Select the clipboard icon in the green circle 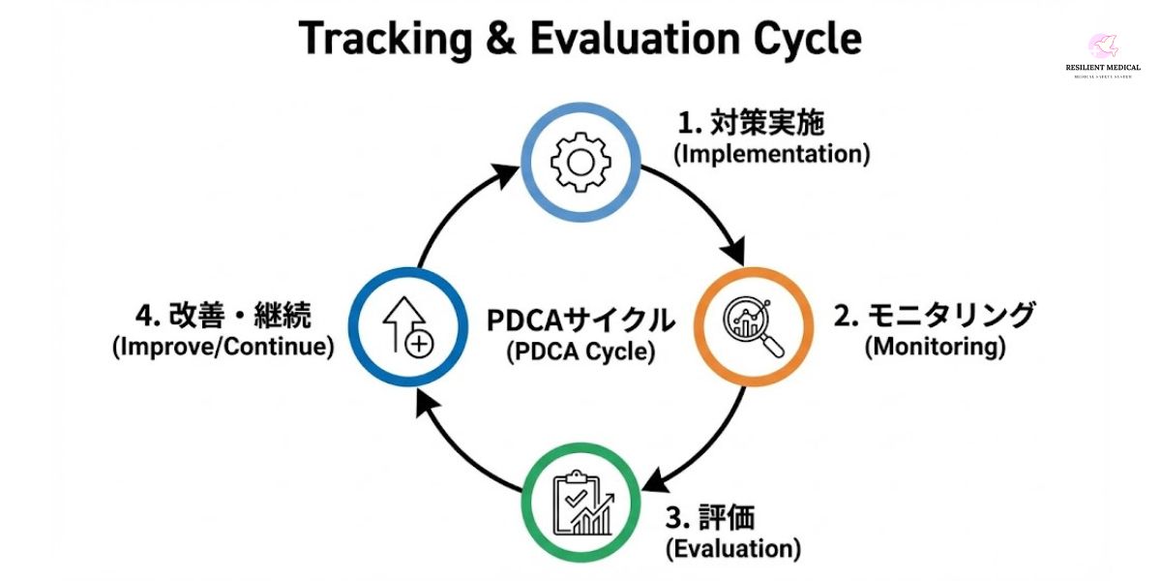(580, 503)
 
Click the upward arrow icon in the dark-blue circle (407, 327)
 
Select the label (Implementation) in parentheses (771, 154)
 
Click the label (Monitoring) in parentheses (935, 347)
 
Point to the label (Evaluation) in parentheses (733, 549)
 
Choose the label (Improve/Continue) (223, 347)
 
